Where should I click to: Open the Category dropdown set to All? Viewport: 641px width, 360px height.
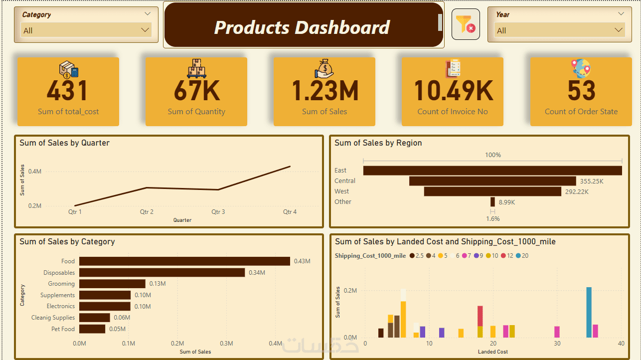point(86,30)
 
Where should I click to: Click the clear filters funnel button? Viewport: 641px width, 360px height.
point(466,24)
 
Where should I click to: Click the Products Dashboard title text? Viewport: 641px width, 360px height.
point(302,27)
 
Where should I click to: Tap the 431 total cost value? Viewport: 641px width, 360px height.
point(68,91)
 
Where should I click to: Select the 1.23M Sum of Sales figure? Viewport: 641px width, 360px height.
point(324,91)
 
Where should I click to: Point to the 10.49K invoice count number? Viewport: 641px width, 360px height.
point(453,91)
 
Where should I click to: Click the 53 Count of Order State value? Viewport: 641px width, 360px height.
point(581,91)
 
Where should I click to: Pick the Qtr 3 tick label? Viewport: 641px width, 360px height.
point(218,212)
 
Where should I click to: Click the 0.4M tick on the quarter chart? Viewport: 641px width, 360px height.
point(35,172)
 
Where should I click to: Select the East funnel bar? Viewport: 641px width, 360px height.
point(492,171)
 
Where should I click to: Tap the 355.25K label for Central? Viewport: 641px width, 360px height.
point(592,181)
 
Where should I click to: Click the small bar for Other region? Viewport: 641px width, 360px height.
point(492,202)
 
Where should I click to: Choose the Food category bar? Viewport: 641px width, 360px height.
point(184,261)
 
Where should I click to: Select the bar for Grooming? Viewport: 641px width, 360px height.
point(112,284)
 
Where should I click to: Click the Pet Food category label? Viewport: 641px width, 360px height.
point(63,329)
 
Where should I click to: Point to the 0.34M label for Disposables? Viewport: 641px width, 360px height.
point(257,273)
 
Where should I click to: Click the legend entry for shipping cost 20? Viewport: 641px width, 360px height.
point(522,256)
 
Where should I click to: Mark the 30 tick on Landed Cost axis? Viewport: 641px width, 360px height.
point(557,344)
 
